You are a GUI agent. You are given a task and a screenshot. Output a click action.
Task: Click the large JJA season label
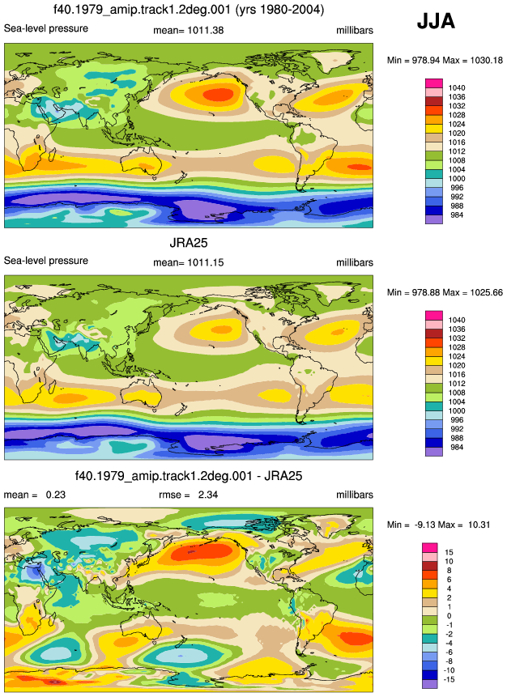click(436, 21)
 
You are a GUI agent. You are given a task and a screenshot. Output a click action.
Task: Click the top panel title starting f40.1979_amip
click(189, 9)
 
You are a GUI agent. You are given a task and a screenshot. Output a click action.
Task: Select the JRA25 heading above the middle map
click(189, 243)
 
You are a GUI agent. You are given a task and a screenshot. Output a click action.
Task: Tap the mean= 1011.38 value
click(188, 30)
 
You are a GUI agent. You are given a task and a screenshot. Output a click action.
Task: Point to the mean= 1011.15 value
click(188, 263)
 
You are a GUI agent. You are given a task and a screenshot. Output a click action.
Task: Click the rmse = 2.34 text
click(188, 495)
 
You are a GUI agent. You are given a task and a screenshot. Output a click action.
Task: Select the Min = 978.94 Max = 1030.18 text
click(445, 60)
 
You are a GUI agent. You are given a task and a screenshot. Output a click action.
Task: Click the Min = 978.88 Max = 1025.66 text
click(445, 292)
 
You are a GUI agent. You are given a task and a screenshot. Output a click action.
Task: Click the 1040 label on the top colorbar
click(457, 88)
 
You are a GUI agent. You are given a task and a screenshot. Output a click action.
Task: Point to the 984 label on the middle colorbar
click(457, 447)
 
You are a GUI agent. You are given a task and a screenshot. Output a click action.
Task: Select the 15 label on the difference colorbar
click(449, 553)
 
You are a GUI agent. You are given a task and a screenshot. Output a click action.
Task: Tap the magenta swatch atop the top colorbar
click(434, 83)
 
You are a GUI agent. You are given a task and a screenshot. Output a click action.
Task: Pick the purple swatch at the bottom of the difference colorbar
click(429, 684)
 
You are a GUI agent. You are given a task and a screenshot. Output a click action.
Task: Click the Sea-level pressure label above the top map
click(46, 28)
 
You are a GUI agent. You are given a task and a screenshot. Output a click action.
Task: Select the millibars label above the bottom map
click(355, 495)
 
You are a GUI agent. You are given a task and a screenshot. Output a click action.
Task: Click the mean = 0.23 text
click(35, 495)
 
